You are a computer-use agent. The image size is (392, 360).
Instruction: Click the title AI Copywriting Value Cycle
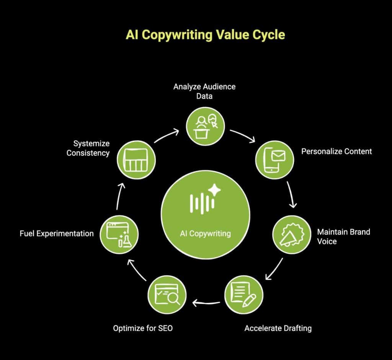click(205, 35)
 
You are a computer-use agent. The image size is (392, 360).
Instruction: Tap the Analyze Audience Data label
click(204, 91)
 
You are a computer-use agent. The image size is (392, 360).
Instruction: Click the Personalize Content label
click(336, 151)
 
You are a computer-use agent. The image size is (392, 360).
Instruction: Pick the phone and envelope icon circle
click(274, 160)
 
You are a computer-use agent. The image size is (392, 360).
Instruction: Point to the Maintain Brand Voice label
click(343, 236)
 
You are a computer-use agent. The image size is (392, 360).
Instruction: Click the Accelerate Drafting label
click(278, 328)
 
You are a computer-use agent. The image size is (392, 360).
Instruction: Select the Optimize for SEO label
click(143, 328)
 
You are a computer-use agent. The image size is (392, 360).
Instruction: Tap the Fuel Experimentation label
click(57, 233)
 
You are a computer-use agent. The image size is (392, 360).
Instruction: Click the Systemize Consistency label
click(88, 148)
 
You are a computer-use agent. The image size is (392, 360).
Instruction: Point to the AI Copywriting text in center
click(205, 233)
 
